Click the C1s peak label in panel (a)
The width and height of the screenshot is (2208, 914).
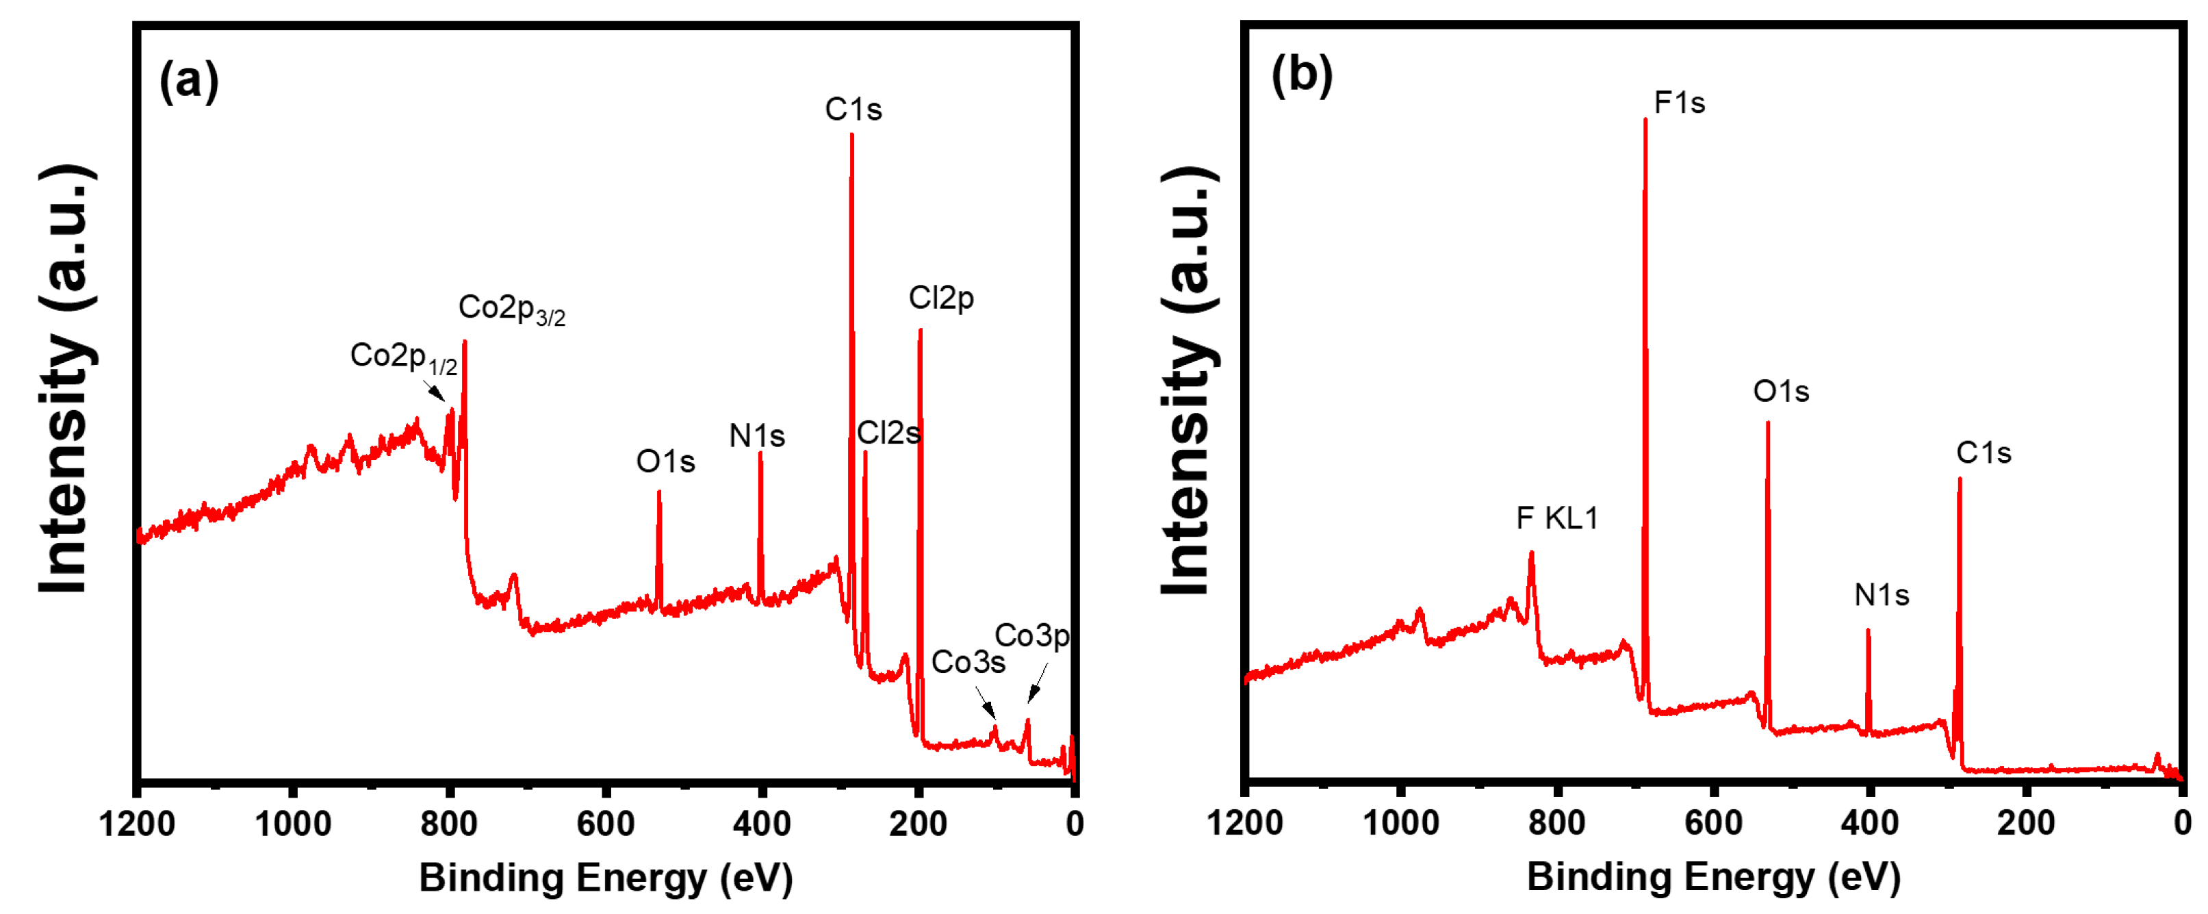(853, 110)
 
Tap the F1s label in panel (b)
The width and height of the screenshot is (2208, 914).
(1678, 103)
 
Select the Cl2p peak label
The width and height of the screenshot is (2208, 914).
(940, 299)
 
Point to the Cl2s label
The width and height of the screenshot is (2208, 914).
(888, 433)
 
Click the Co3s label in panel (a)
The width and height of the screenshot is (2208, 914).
(968, 662)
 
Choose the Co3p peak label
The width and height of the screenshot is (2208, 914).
(1031, 636)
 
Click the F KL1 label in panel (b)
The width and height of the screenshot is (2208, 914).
(1556, 518)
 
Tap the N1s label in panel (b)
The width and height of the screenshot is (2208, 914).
(1881, 595)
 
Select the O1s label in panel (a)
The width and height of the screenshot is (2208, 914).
(665, 462)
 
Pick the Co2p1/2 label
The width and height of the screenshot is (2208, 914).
(403, 357)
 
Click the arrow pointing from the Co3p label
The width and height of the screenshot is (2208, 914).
(1037, 683)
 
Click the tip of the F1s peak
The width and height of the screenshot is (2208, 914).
(1645, 120)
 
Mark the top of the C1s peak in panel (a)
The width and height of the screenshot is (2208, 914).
(851, 136)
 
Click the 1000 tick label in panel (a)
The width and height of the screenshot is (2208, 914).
(293, 824)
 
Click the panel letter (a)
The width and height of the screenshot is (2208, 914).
(189, 81)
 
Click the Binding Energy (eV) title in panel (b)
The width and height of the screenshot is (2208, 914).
(1713, 877)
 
